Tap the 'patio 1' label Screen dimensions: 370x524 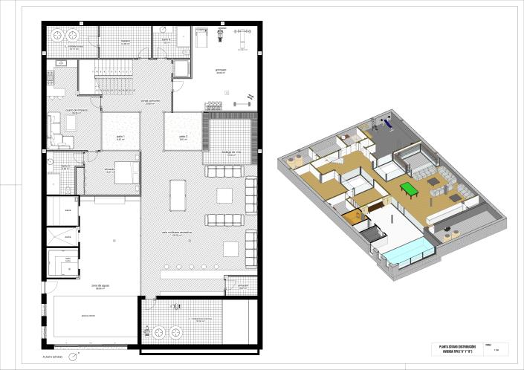click(120, 137)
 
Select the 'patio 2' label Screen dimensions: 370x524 click(183, 137)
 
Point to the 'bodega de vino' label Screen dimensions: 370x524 click(232, 152)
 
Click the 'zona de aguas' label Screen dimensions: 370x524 click(101, 286)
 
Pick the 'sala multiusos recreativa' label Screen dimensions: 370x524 click(176, 233)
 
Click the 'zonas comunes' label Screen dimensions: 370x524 click(151, 102)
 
